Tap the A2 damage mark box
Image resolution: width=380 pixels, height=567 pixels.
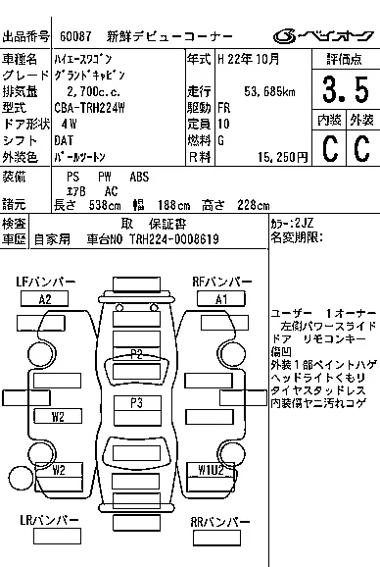(46, 299)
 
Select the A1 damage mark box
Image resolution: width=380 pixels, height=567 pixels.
(220, 299)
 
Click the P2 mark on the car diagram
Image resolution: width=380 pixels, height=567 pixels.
(136, 353)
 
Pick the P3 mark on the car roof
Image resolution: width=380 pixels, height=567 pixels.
(135, 402)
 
